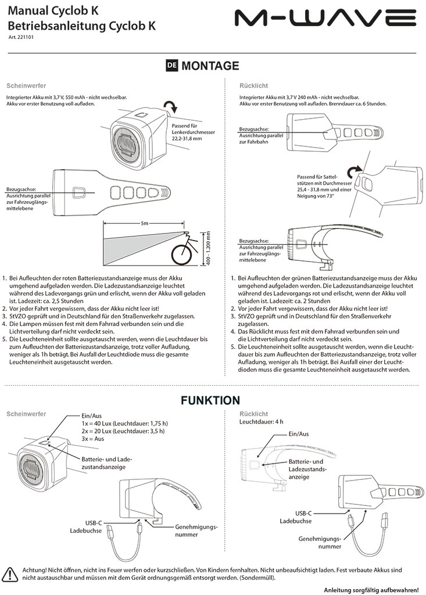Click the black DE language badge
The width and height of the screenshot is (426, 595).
pyautogui.click(x=172, y=66)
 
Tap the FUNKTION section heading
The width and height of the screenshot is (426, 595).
pyautogui.click(x=210, y=400)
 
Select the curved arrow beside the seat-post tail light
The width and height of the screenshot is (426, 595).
pyautogui.click(x=353, y=171)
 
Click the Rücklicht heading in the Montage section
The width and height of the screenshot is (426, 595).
pyautogui.click(x=253, y=85)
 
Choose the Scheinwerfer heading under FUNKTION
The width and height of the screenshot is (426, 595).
pyautogui.click(x=26, y=414)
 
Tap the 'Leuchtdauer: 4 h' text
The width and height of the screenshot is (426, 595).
pyautogui.click(x=262, y=421)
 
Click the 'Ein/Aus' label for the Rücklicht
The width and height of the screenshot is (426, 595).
pyautogui.click(x=298, y=433)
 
